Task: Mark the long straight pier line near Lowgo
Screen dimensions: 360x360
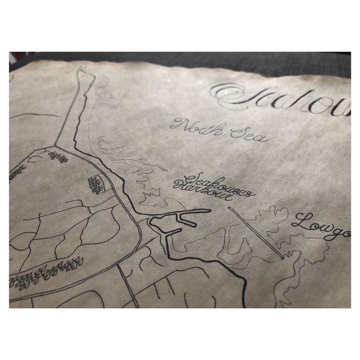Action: (254, 231)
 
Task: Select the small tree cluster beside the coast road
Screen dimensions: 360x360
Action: (96, 184)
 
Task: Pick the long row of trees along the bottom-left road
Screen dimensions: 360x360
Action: (45, 270)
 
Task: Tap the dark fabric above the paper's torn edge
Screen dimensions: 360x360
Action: (181, 58)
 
